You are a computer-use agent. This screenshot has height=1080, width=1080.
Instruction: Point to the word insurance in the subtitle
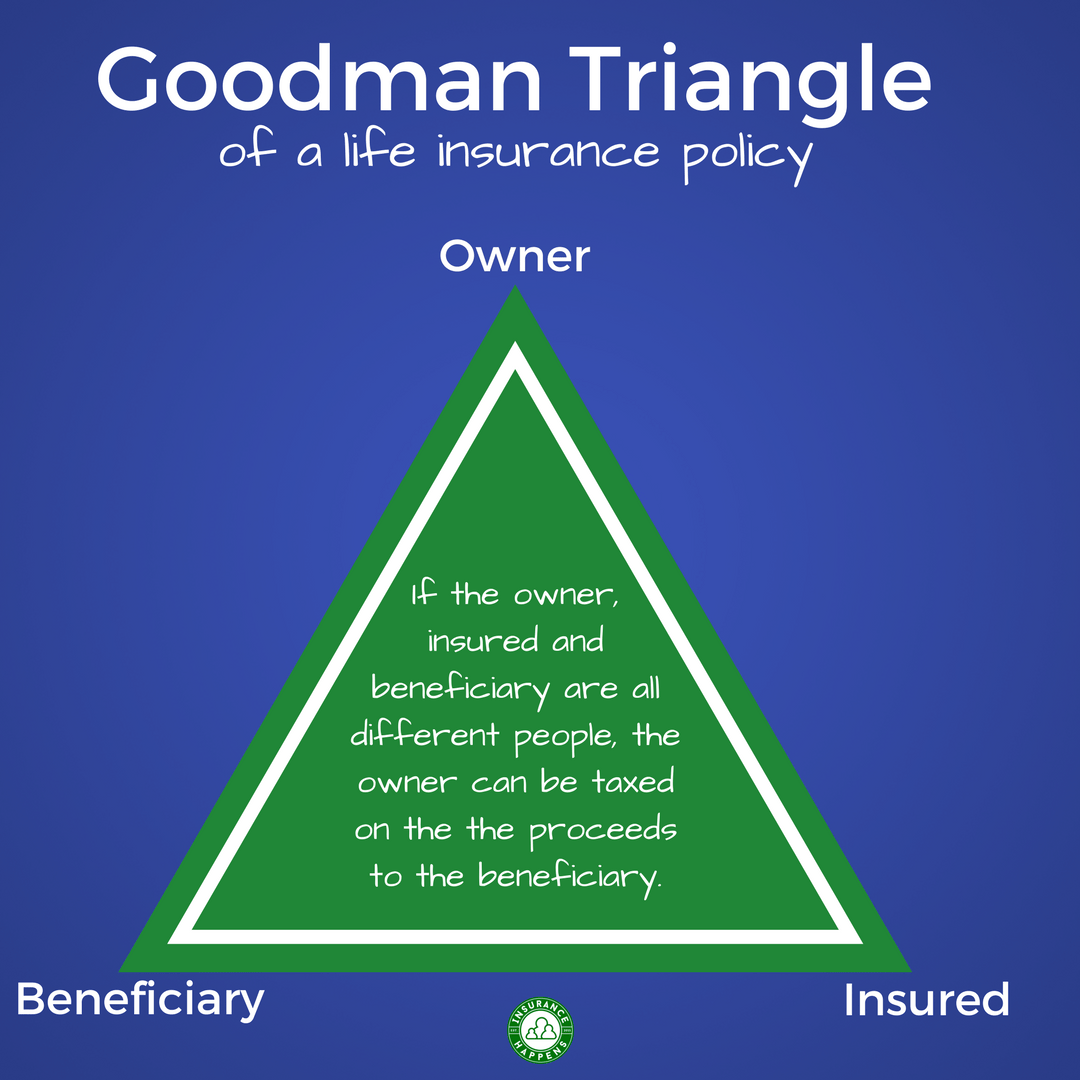548,152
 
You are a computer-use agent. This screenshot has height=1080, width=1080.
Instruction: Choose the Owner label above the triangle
515,257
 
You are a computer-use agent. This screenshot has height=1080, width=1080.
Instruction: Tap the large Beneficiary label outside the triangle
140,999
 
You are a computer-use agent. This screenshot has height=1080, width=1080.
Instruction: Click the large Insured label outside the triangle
926,1000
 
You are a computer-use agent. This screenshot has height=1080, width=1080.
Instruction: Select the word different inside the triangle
426,737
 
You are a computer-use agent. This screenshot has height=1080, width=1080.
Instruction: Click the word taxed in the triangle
633,782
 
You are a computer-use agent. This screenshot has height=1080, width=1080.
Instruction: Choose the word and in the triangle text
577,641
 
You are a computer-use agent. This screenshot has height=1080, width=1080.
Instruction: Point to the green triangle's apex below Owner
515,292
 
